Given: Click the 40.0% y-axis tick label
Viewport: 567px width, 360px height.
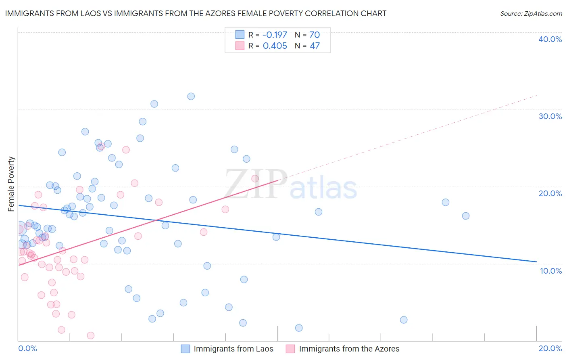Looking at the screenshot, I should click(x=550, y=39).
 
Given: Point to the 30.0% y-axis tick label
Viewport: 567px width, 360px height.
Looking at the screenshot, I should click(x=550, y=116).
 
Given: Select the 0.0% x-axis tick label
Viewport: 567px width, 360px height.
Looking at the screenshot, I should click(x=27, y=348).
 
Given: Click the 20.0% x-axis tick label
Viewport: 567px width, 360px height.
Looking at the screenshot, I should click(x=550, y=348).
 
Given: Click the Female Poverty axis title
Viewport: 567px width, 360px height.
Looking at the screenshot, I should click(x=11, y=184).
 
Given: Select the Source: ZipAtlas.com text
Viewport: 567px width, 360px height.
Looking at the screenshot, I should click(x=531, y=13).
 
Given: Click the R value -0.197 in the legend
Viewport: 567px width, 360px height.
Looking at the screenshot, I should click(x=275, y=35).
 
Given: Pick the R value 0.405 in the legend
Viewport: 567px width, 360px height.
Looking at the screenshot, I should click(x=275, y=46).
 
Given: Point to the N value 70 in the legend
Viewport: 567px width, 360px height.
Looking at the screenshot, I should click(x=315, y=35).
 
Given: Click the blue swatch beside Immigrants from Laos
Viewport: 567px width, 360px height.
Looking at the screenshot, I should click(x=186, y=349).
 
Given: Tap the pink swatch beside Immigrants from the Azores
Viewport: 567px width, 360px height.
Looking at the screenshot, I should click(x=290, y=349).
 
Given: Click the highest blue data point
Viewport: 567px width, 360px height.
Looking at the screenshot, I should click(x=191, y=96).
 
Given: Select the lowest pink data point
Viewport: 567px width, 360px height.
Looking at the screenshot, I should click(x=91, y=335).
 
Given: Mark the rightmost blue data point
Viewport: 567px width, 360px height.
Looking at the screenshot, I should click(x=466, y=216).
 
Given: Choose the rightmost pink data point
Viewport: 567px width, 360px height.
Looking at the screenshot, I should click(x=255, y=178).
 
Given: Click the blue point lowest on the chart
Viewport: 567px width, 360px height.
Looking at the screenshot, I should click(x=299, y=328).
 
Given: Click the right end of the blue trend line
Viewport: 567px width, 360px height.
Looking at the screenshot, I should click(x=536, y=262).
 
